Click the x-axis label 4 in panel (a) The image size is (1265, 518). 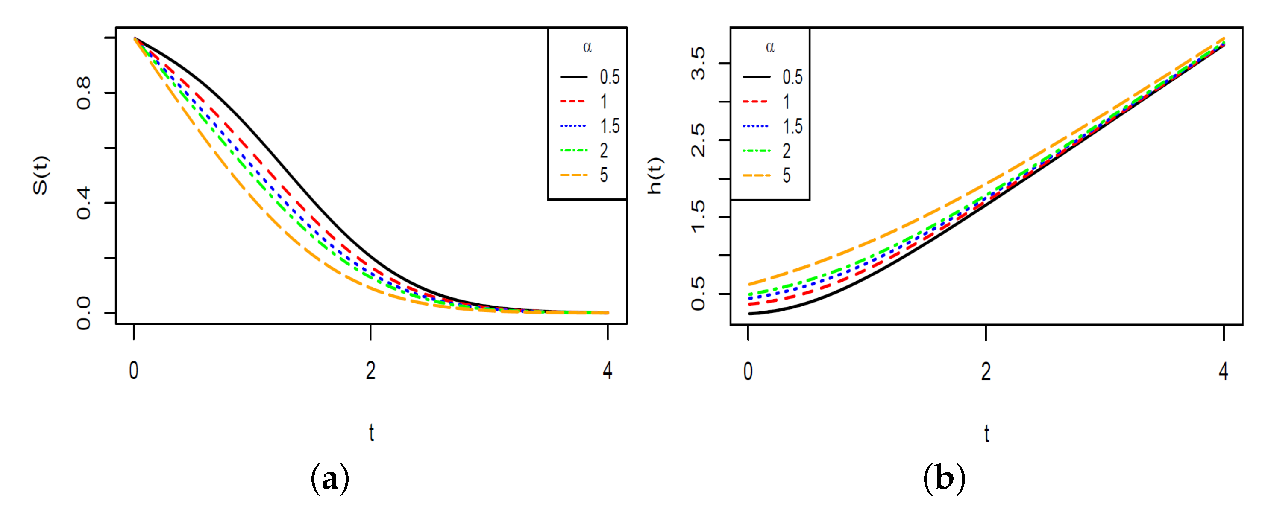pyautogui.click(x=608, y=371)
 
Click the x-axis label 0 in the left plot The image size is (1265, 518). pyautogui.click(x=134, y=371)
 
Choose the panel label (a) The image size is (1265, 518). pyautogui.click(x=330, y=478)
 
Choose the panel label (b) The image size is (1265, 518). pyautogui.click(x=944, y=478)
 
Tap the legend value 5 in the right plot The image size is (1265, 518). pyautogui.click(x=787, y=175)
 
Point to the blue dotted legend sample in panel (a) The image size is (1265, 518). pyautogui.click(x=573, y=126)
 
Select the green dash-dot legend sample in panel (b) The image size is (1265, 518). pyautogui.click(x=756, y=151)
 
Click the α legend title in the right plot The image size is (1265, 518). pyautogui.click(x=770, y=48)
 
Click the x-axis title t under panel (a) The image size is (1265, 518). pyautogui.click(x=372, y=433)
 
